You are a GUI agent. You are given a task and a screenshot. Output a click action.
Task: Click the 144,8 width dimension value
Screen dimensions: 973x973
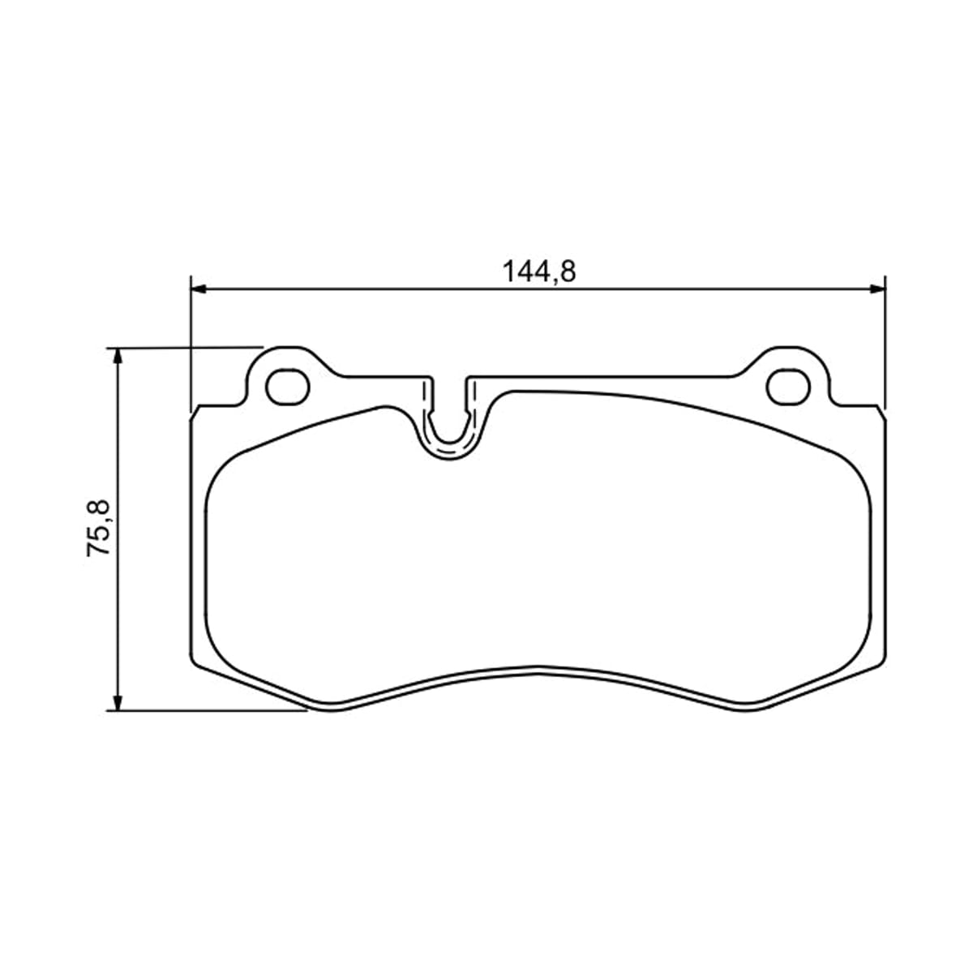538,272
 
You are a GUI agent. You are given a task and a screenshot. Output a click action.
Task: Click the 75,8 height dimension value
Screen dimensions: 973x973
98,528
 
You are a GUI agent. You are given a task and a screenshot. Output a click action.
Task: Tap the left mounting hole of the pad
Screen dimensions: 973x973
287,387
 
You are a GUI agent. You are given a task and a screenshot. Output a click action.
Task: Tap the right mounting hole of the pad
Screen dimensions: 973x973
788,387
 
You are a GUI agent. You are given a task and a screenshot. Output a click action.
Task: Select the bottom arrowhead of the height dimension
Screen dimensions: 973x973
117,702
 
